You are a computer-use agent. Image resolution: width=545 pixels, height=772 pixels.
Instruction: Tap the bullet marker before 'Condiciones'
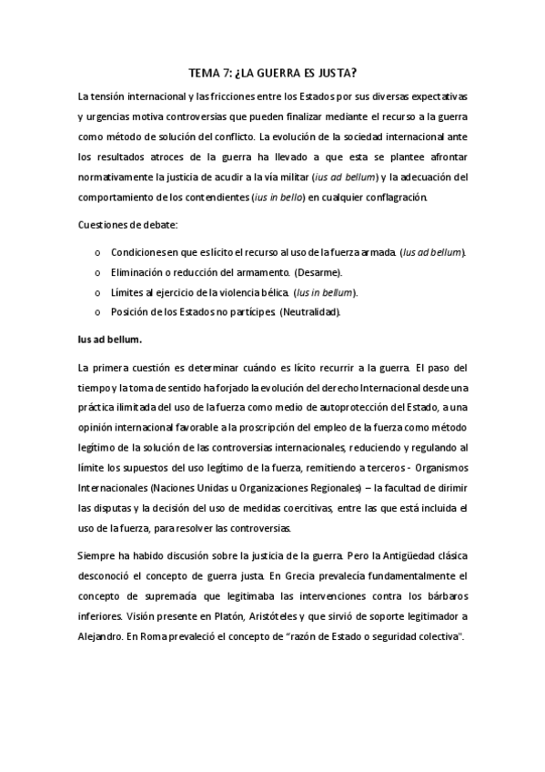(x=97, y=251)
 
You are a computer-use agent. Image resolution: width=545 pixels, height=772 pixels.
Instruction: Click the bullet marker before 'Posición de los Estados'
(x=97, y=312)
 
